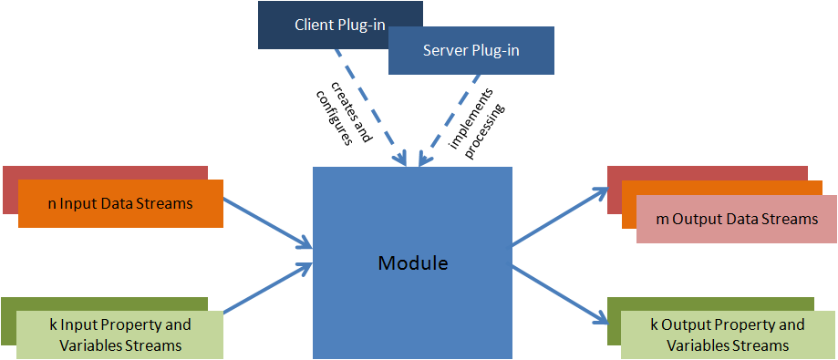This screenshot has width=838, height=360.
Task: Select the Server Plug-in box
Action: coord(471,50)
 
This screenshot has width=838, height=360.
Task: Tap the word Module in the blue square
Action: coord(413,263)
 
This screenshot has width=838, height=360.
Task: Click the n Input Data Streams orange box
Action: coord(120,203)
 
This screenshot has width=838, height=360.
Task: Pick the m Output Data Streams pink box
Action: coord(736,219)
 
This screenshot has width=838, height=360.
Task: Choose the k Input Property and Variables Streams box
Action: coord(119,334)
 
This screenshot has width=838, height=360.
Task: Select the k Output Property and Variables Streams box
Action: coord(727,334)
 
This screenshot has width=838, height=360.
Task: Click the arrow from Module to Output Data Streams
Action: coord(559,217)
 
